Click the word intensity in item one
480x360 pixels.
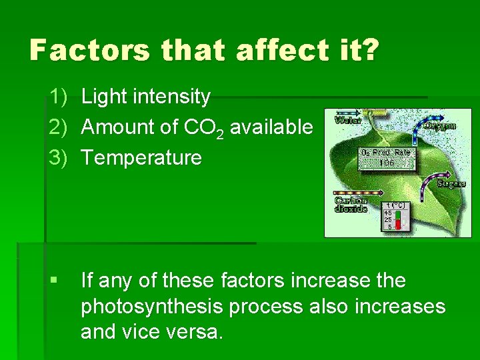[173, 97]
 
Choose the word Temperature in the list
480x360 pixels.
[141, 158]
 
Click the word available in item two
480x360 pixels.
[273, 127]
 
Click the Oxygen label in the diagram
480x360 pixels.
[441, 125]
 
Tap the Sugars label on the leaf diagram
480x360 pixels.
[451, 183]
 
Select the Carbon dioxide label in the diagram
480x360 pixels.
[350, 205]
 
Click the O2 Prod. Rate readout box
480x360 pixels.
[386, 157]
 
